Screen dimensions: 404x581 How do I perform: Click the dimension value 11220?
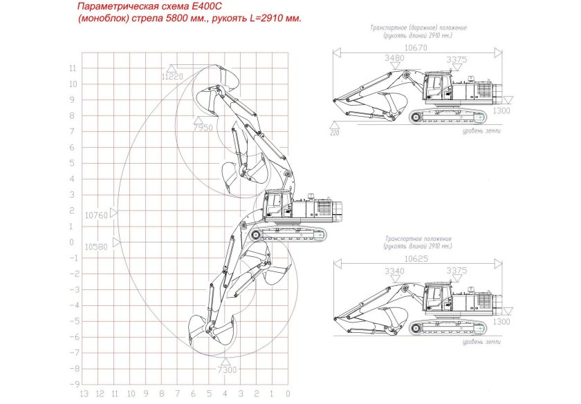coord(172,77)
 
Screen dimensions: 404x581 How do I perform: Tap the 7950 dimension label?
coord(203,128)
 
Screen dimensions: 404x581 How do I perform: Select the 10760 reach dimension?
coord(96,215)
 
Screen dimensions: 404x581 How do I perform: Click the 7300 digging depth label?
coord(226,370)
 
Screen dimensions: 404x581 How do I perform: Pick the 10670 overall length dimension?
coord(416,48)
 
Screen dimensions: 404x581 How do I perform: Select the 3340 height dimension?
coord(394,271)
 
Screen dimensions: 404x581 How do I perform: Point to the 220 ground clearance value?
coord(335,133)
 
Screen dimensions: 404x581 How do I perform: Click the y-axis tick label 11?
coord(72,68)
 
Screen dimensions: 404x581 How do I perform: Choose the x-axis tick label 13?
coord(84,394)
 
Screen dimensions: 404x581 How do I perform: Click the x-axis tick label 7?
coord(178,394)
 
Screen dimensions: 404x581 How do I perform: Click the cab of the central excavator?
coord(275,205)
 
